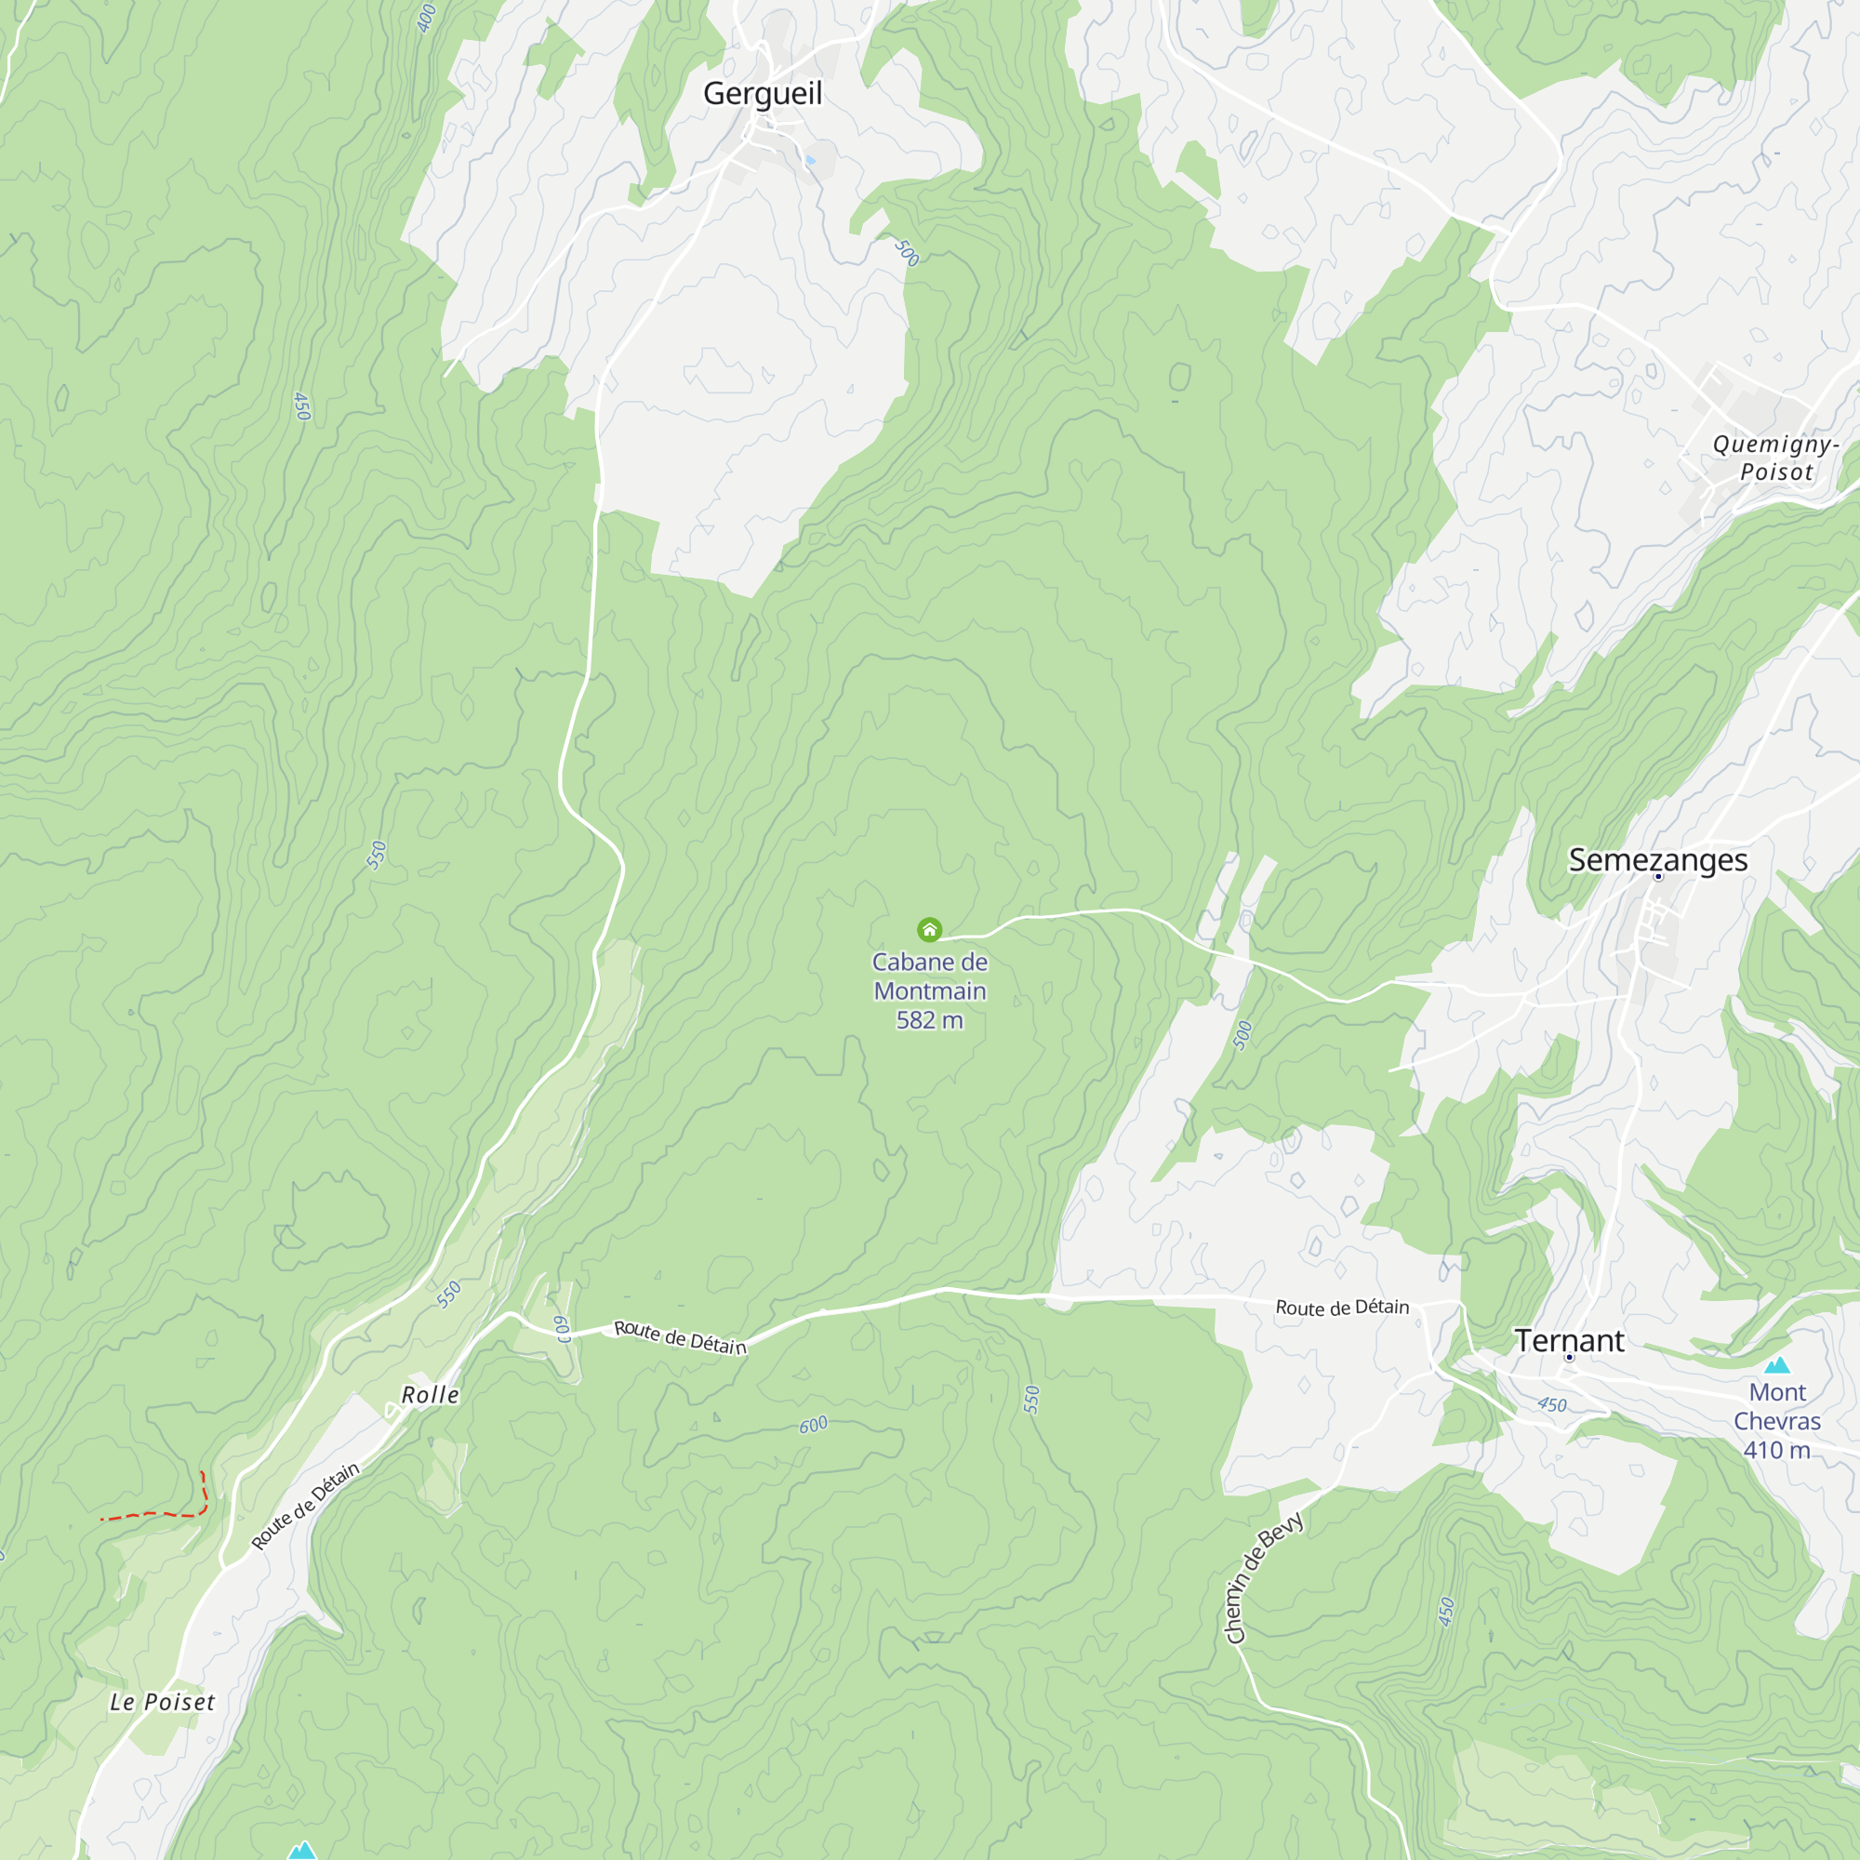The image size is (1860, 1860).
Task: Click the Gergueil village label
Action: pyautogui.click(x=763, y=93)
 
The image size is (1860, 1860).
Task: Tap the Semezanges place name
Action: pyautogui.click(x=1658, y=859)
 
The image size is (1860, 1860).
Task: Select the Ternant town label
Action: pyautogui.click(x=1569, y=1340)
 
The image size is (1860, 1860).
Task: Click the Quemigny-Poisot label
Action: pyautogui.click(x=1775, y=458)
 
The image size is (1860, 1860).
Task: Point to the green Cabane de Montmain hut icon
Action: pyautogui.click(x=929, y=929)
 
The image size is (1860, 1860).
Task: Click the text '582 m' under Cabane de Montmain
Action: pyautogui.click(x=929, y=1020)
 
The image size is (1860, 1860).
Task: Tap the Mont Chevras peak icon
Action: pyautogui.click(x=1777, y=1365)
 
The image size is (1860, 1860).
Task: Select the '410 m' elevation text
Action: pyautogui.click(x=1776, y=1450)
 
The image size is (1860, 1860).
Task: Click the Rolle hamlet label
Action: pyautogui.click(x=430, y=1395)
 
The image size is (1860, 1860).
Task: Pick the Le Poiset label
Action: pyautogui.click(x=162, y=1702)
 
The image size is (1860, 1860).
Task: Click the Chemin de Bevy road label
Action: pyautogui.click(x=1262, y=1578)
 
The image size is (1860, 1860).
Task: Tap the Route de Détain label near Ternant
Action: pyautogui.click(x=1342, y=1308)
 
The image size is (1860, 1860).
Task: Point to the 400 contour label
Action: pyautogui.click(x=427, y=19)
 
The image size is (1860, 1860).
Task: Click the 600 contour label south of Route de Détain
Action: pyautogui.click(x=814, y=1425)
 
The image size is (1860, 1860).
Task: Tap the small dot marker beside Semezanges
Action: pyautogui.click(x=1658, y=877)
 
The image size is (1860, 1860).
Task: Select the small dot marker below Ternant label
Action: pyautogui.click(x=1569, y=1358)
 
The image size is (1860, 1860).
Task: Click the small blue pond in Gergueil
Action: pyautogui.click(x=811, y=160)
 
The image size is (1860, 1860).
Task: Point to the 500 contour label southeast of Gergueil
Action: pyautogui.click(x=906, y=253)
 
